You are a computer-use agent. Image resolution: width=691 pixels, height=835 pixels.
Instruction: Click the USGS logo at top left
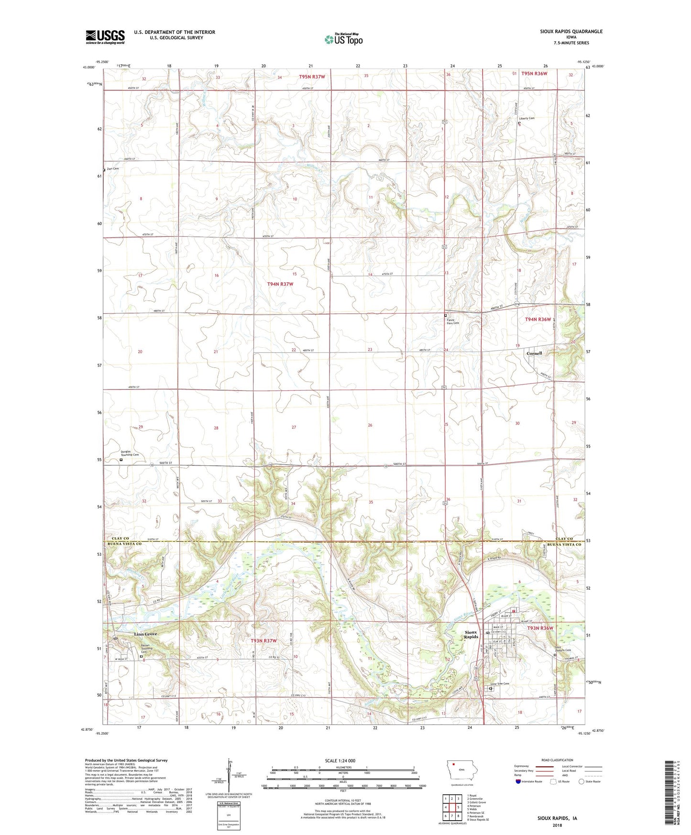(105, 37)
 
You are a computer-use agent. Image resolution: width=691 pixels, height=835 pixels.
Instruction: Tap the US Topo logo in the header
(343, 39)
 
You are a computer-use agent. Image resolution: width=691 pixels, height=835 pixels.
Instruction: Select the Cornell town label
(534, 353)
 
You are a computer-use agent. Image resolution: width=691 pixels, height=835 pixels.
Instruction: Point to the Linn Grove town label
(145, 634)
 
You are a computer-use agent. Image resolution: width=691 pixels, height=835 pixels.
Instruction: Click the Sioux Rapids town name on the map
(471, 635)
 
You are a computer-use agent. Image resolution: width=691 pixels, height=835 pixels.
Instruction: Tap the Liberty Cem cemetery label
(526, 118)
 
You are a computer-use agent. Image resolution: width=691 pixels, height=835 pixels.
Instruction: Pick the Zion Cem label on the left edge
(113, 168)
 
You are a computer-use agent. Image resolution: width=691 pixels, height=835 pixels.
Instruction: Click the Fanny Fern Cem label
(452, 321)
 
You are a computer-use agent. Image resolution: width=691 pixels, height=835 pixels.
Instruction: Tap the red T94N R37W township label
(280, 284)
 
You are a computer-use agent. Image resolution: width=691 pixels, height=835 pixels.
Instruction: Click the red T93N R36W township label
(540, 628)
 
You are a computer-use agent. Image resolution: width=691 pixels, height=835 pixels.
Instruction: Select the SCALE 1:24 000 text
(340, 760)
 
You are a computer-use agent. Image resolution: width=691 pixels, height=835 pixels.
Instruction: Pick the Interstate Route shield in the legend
(519, 782)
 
